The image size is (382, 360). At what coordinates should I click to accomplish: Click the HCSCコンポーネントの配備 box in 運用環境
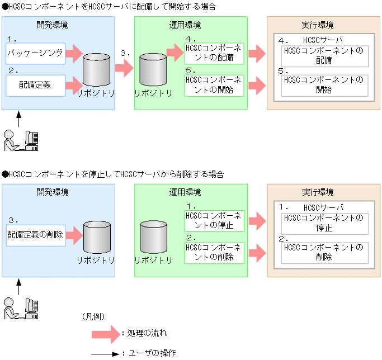pos(214,53)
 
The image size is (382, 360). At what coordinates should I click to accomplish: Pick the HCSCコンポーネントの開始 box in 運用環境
pos(214,86)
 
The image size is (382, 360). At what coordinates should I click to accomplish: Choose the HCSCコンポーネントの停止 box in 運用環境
pos(214,221)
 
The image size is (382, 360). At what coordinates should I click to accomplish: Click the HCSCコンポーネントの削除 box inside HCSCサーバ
pos(324,252)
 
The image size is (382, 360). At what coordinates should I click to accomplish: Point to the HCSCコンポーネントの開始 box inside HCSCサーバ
pos(324,85)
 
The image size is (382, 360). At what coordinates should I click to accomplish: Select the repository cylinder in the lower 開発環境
pos(96,237)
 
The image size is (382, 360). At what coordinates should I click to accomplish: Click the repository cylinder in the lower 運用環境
pos(154,237)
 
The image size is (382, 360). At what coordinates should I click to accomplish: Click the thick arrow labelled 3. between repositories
pos(124,69)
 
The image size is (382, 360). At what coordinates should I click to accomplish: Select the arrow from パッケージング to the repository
pos(74,54)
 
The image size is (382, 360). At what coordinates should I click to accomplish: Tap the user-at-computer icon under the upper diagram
pos(21,140)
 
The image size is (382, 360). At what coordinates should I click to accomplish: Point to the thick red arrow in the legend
pos(106,334)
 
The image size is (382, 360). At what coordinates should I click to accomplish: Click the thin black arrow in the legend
pos(106,353)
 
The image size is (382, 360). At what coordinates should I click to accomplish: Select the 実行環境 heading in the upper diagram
pos(320,25)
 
